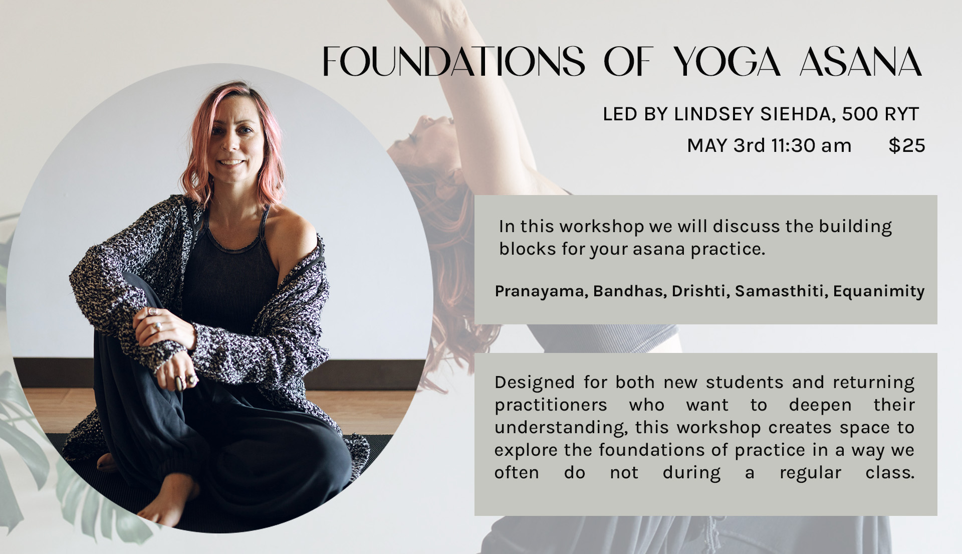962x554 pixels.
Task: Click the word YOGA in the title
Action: click(x=727, y=61)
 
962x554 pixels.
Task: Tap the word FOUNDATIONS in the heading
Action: click(x=453, y=61)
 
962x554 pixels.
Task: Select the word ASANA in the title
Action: click(x=861, y=61)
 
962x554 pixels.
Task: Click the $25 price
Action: click(x=906, y=145)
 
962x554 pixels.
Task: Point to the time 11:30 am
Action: click(x=811, y=146)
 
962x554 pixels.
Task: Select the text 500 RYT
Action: click(x=880, y=114)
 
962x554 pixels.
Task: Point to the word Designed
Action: click(x=535, y=383)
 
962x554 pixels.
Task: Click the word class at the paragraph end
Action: click(x=890, y=473)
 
